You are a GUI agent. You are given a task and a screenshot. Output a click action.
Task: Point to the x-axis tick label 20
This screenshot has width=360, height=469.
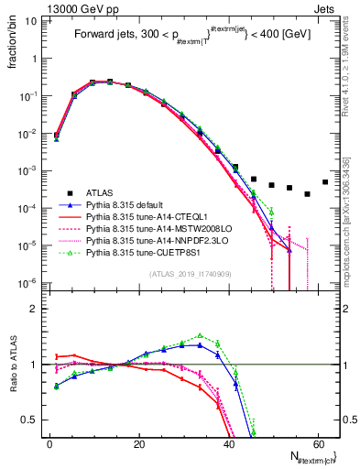pyautogui.click(x=138, y=443)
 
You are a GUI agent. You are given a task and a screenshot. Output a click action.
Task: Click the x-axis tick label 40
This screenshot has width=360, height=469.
pyautogui.click(x=228, y=443)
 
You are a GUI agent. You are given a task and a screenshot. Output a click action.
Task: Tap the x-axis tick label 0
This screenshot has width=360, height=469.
pyautogui.click(x=49, y=443)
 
